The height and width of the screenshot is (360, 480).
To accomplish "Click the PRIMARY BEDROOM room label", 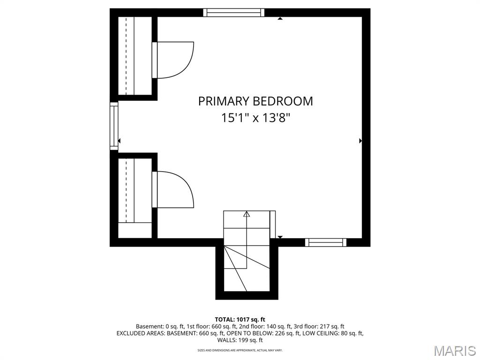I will click(x=255, y=101).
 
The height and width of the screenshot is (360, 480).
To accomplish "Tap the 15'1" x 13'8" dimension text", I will click(x=255, y=118).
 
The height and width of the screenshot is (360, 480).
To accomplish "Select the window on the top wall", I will click(x=233, y=13).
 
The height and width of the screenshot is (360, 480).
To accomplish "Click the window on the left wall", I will click(x=114, y=126).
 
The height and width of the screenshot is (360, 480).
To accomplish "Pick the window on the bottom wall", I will click(x=325, y=242).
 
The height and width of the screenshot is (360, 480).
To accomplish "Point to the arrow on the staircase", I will click(x=247, y=215).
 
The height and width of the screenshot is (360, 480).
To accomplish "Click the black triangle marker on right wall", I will click(x=360, y=141).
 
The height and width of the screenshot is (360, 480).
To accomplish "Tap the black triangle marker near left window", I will click(x=120, y=141).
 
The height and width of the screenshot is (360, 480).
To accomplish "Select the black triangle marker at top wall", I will click(x=280, y=19).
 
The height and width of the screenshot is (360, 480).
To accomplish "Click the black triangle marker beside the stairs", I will click(x=280, y=237).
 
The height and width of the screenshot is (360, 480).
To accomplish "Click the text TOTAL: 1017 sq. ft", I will click(x=240, y=319).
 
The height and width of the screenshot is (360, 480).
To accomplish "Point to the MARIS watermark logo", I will click(x=454, y=351).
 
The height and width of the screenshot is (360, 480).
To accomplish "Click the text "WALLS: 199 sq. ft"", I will click(x=240, y=340).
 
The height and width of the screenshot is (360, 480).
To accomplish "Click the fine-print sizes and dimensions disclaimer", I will click(x=240, y=350).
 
